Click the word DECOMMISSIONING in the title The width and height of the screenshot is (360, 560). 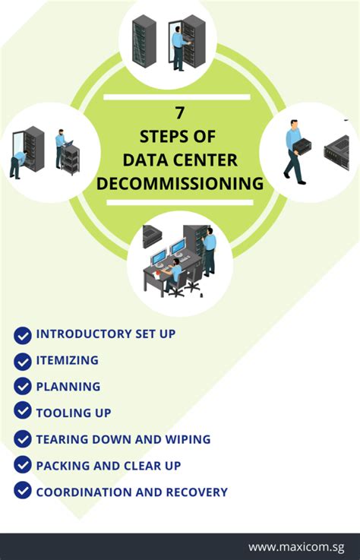(179, 184)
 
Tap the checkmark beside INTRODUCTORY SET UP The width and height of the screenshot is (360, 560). (23, 334)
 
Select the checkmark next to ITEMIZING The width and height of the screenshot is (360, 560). (23, 360)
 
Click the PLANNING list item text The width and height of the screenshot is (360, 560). (68, 387)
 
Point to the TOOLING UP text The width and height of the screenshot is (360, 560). (74, 413)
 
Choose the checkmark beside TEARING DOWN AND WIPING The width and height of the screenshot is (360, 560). (23, 439)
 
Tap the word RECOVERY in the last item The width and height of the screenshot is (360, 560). (198, 492)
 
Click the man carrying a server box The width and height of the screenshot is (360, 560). (295, 152)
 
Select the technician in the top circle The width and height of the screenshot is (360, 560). (177, 46)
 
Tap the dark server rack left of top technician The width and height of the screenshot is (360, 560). (144, 43)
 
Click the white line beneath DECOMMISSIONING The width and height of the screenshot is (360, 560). (179, 203)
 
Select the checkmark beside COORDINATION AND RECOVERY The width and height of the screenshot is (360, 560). (23, 492)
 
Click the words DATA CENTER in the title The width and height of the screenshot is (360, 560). (179, 160)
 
